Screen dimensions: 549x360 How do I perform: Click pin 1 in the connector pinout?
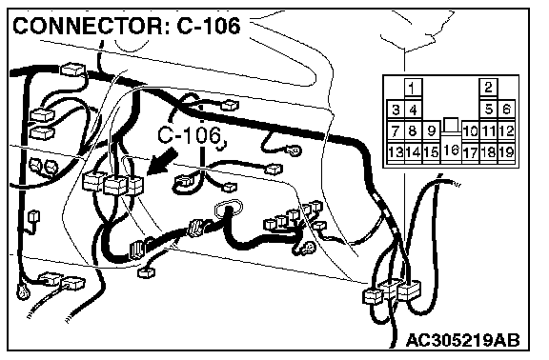click(x=413, y=88)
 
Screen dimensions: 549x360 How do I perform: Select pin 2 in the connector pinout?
click(x=488, y=88)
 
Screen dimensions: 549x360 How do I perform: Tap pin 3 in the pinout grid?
click(x=396, y=110)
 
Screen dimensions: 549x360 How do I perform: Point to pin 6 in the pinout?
click(x=506, y=110)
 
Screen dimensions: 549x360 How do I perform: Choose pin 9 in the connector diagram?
click(x=432, y=130)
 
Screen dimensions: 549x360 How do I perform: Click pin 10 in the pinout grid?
click(x=470, y=130)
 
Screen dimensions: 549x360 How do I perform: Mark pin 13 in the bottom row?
click(x=396, y=151)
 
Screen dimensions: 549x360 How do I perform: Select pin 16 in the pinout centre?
click(x=451, y=150)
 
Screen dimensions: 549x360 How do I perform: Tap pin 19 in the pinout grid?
click(x=506, y=151)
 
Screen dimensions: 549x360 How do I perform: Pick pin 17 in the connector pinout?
click(x=470, y=151)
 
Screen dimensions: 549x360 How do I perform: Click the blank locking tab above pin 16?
click(x=451, y=126)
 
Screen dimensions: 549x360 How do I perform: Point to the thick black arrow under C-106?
click(x=161, y=161)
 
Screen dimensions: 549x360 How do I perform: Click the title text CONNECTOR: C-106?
click(x=127, y=26)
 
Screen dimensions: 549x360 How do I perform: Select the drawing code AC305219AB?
click(x=463, y=340)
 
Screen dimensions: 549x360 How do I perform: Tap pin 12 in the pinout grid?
click(x=506, y=130)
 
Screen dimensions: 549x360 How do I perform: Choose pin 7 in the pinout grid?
click(x=396, y=130)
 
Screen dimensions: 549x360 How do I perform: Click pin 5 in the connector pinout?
click(x=488, y=110)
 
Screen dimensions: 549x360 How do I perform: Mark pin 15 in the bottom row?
click(x=432, y=151)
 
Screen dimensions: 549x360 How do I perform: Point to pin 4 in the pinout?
click(x=413, y=110)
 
